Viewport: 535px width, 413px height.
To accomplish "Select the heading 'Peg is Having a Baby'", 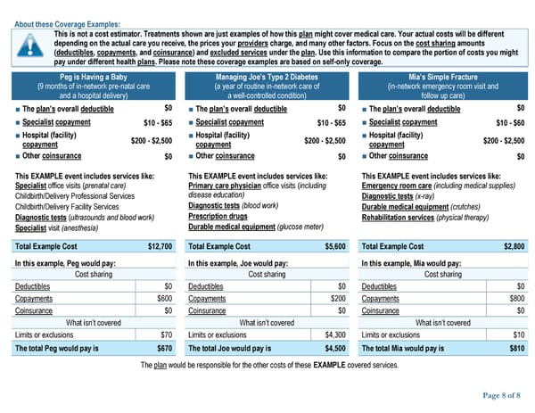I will pyautogui.click(x=94, y=78).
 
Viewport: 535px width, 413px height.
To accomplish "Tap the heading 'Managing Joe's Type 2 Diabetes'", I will pyautogui.click(x=267, y=78).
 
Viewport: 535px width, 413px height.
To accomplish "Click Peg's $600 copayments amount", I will pyautogui.click(x=164, y=299).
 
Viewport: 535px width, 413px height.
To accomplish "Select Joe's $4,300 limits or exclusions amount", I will pyautogui.click(x=333, y=335).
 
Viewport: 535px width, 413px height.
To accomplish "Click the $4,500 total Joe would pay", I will pyautogui.click(x=333, y=349).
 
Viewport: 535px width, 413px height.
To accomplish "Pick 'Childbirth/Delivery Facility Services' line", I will pyautogui.click(x=74, y=206).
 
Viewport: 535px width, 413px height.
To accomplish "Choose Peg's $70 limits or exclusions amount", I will pyautogui.click(x=166, y=335).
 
